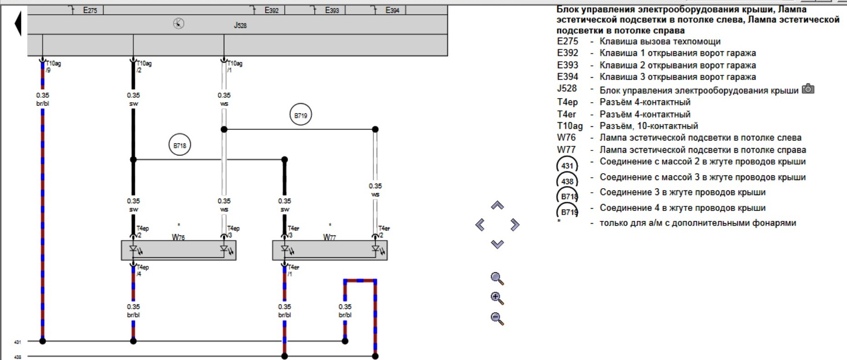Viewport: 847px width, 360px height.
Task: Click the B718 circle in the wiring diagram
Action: tap(180, 145)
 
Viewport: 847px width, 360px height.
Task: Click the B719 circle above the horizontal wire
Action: tap(301, 115)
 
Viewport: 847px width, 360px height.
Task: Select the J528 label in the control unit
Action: tap(240, 25)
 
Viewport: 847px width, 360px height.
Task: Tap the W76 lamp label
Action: tap(178, 237)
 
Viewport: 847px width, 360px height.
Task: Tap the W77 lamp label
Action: tap(330, 237)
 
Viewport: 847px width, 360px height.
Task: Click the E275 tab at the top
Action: tap(90, 10)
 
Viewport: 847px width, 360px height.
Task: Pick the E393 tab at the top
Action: tap(332, 10)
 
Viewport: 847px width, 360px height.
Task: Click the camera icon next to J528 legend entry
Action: tap(808, 89)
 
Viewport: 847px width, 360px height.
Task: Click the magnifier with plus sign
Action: tap(497, 298)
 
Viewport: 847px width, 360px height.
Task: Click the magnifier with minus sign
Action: tap(497, 318)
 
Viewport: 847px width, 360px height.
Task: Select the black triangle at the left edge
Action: tap(18, 23)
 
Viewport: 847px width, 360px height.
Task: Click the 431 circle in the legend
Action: tap(567, 165)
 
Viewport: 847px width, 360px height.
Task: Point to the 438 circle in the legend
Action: tap(567, 181)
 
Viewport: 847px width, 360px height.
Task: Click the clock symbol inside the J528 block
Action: tap(179, 24)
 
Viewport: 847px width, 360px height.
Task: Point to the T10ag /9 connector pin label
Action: tap(53, 67)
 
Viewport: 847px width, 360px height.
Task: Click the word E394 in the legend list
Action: tap(567, 77)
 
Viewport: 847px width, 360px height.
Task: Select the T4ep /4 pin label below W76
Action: tap(142, 270)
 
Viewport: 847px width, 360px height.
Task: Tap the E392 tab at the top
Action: tap(271, 10)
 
